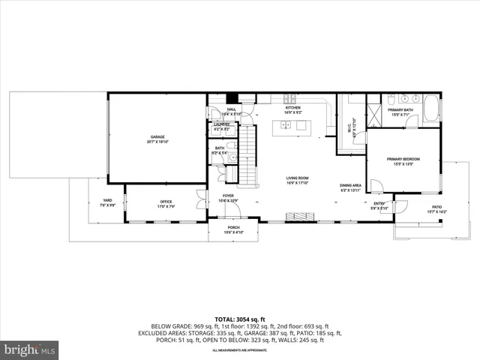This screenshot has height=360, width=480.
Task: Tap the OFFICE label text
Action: coord(166,202)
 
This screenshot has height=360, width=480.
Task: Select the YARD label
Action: coord(107,200)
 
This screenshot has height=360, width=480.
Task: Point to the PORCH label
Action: coord(233,228)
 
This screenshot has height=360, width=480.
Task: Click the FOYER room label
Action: coord(228,196)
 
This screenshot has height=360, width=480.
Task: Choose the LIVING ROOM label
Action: coord(297,178)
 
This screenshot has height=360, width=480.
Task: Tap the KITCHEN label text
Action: coord(292,108)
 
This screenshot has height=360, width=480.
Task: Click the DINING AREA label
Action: coord(350,185)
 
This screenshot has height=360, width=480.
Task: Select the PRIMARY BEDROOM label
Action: coord(403,159)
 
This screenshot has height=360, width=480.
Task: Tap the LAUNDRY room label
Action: coord(222,124)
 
